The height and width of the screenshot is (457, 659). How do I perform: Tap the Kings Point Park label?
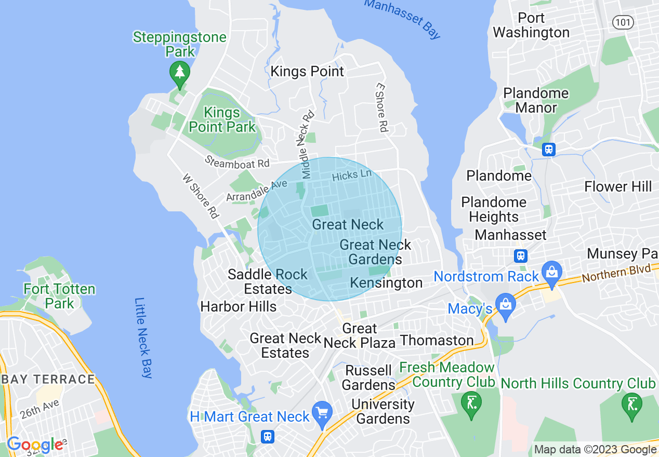pyautogui.click(x=222, y=119)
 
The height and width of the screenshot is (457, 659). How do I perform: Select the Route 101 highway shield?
pyautogui.click(x=622, y=22)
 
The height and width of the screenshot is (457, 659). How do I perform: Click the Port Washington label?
pyautogui.click(x=531, y=25)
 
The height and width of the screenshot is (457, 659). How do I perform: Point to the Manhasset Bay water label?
pyautogui.click(x=402, y=18)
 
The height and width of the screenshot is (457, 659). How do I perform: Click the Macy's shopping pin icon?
pyautogui.click(x=505, y=305)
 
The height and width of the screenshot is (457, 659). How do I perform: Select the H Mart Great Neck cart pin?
pyautogui.click(x=323, y=413)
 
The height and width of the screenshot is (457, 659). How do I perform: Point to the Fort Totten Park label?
pyautogui.click(x=60, y=296)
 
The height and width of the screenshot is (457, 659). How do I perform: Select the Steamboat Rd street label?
pyautogui.click(x=237, y=162)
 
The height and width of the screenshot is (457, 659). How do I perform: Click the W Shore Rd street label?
pyautogui.click(x=200, y=196)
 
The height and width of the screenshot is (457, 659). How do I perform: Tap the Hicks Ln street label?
pyautogui.click(x=352, y=175)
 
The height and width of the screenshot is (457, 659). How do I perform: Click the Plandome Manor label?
pyautogui.click(x=536, y=100)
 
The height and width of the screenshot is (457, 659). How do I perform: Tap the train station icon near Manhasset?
pyautogui.click(x=520, y=256)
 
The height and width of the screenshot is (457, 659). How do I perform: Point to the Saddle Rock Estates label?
pyautogui.click(x=268, y=281)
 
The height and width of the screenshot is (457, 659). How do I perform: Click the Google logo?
pyautogui.click(x=34, y=445)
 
